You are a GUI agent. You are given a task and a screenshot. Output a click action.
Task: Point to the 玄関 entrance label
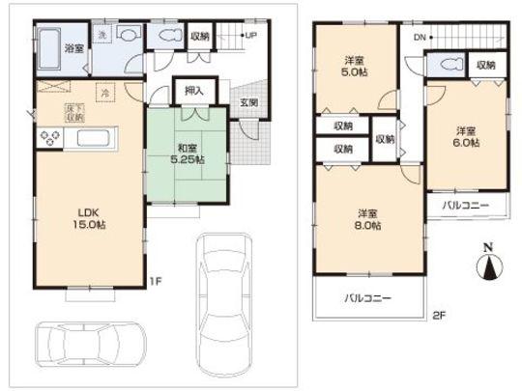coord(248,102)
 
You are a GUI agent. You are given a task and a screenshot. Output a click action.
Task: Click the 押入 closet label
coord(194,91)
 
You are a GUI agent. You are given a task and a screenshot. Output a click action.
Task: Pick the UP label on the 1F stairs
coord(250,36)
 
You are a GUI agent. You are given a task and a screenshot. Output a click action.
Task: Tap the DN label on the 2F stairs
coord(418,37)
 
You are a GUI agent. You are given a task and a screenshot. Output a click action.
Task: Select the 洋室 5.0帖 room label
coord(354,66)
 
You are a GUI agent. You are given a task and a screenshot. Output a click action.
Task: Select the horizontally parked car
coord(91,343)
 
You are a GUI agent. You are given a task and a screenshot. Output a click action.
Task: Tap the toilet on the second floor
coord(448,67)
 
